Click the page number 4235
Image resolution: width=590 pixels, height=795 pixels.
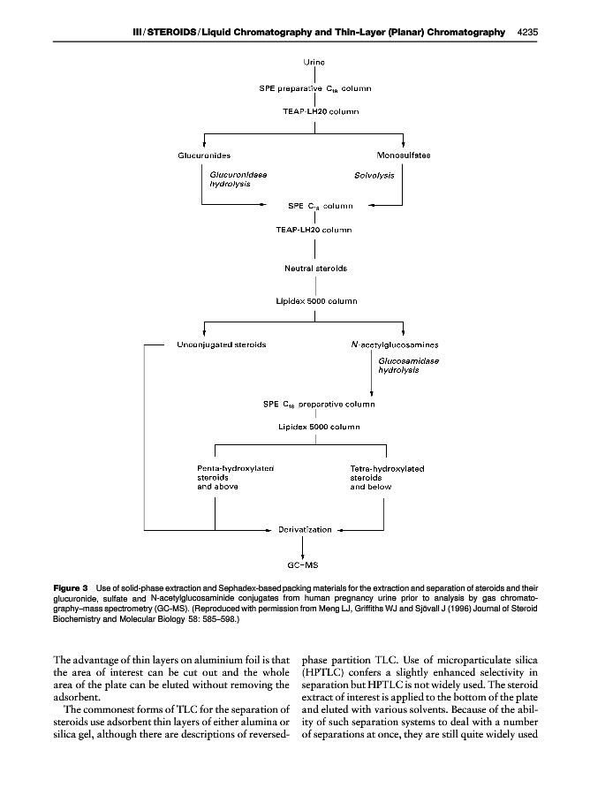point(528,32)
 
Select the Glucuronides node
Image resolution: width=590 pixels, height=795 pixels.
point(205,155)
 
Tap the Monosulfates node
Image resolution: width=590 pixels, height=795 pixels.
point(403,155)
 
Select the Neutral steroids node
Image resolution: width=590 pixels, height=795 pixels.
point(315,268)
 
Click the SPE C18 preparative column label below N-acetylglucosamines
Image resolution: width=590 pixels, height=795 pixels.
point(319,405)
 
